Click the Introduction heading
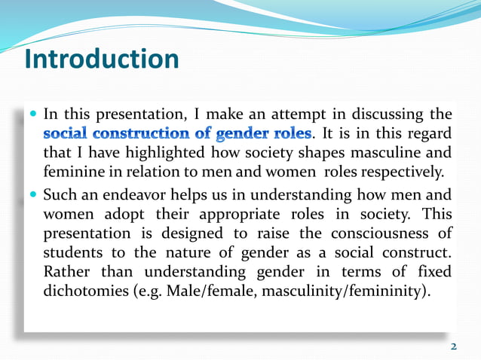(x=101, y=59)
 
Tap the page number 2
(x=453, y=346)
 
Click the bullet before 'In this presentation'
(x=34, y=115)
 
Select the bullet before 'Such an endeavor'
(x=34, y=194)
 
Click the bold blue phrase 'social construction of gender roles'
(x=177, y=133)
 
